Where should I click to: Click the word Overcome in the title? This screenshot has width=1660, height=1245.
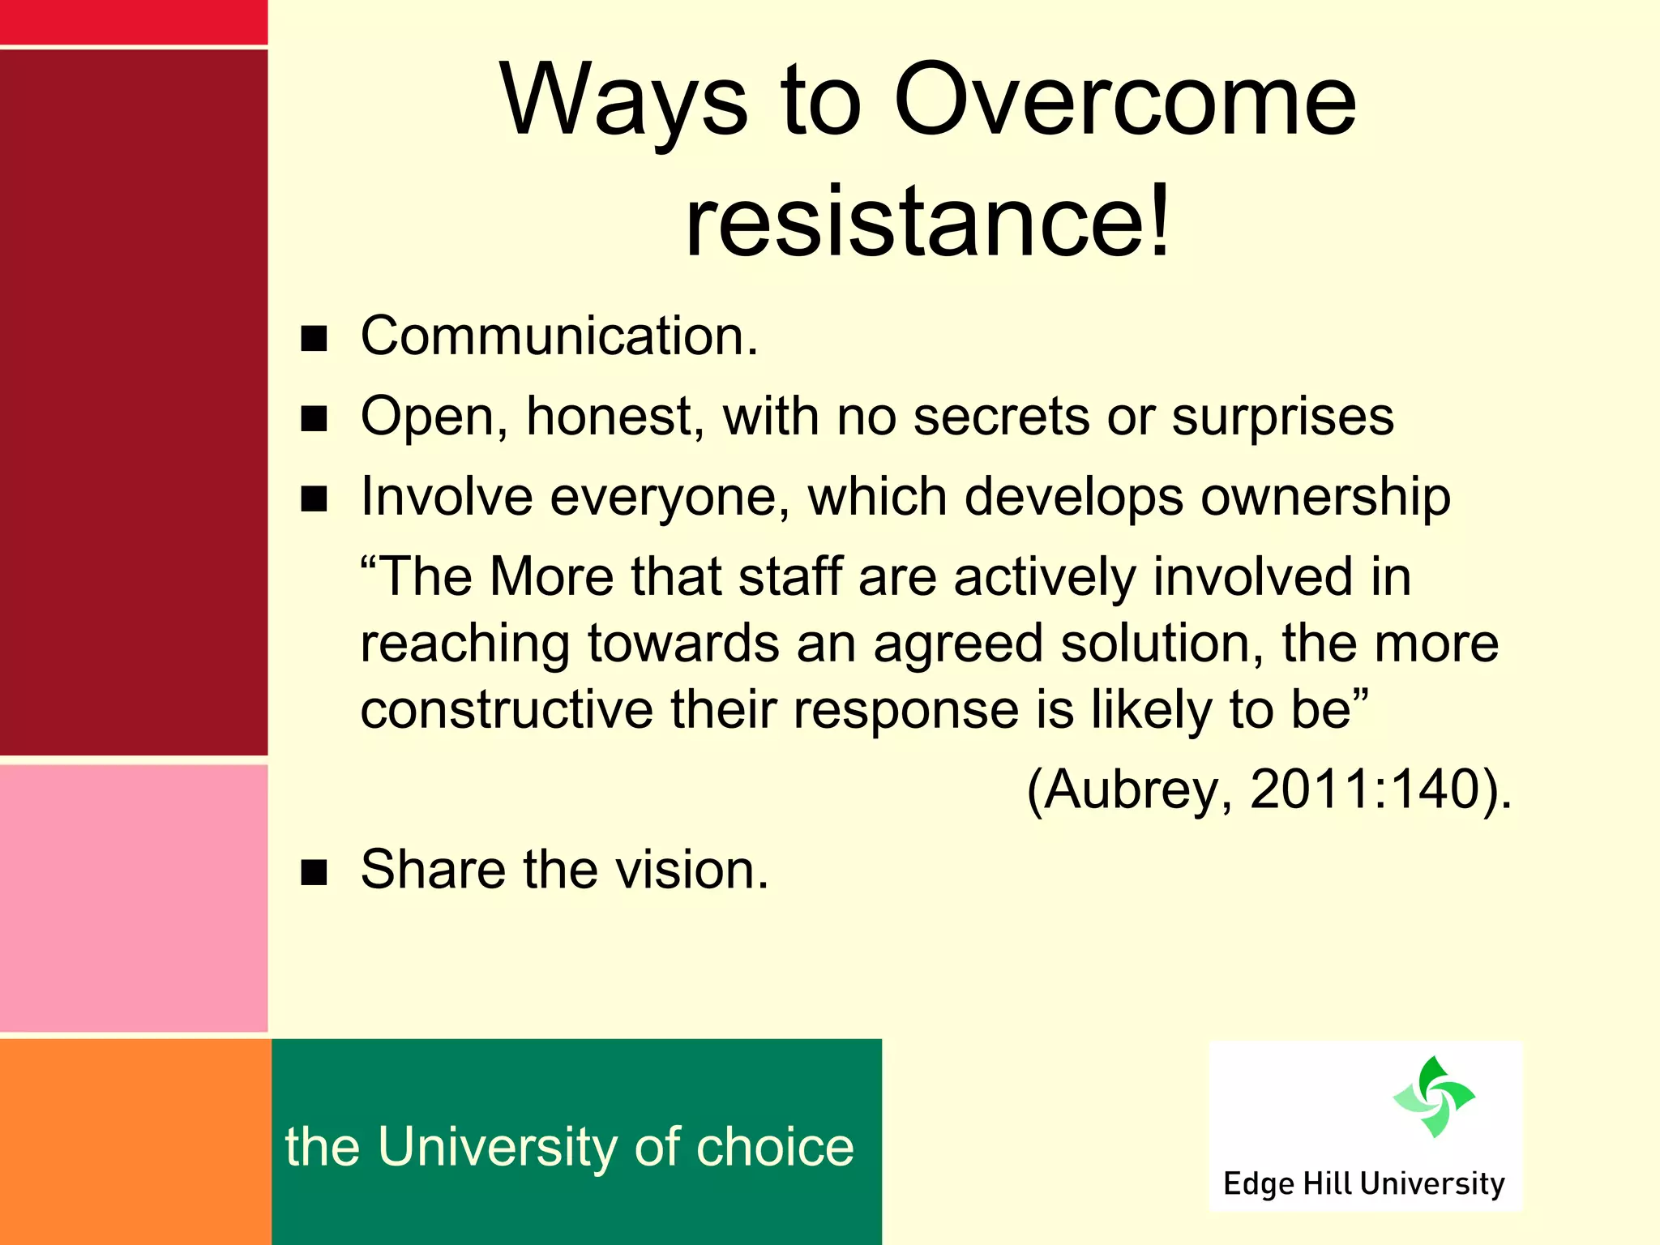point(1124,101)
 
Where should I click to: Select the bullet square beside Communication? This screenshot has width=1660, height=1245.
point(314,339)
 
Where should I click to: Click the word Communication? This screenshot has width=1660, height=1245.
point(559,336)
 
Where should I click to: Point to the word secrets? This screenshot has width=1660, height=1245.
point(1003,417)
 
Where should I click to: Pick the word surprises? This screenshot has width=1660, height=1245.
point(1282,418)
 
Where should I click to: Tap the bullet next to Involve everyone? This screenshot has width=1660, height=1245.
point(314,499)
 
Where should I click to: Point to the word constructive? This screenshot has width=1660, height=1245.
point(507,710)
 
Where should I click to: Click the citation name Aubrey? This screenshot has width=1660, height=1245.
point(1131,789)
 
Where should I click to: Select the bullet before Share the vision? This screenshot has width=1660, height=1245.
point(314,872)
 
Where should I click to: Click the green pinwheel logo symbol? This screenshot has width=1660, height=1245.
point(1434,1097)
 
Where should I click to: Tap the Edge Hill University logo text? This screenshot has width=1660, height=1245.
point(1364,1183)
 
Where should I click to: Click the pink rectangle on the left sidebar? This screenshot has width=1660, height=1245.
point(134,898)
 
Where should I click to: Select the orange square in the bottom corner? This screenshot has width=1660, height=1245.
point(135,1141)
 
